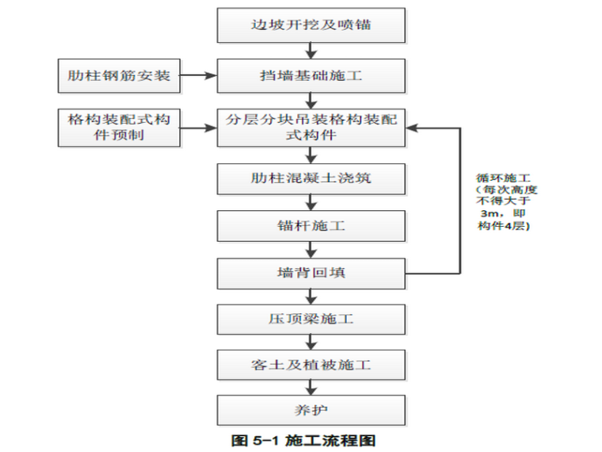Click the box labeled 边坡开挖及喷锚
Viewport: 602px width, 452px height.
[311, 26]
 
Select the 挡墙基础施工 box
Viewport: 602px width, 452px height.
[311, 76]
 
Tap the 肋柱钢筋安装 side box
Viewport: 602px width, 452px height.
[119, 76]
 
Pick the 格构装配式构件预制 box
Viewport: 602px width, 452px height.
[119, 127]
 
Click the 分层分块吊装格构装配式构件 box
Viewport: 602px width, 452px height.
[311, 127]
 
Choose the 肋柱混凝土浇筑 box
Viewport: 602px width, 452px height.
[311, 178]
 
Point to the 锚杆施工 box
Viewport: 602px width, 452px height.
[311, 226]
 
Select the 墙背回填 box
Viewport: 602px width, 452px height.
[311, 274]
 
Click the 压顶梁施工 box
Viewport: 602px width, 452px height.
[311, 320]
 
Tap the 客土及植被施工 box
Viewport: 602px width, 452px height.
[311, 366]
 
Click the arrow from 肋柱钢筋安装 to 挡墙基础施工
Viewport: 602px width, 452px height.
[198, 76]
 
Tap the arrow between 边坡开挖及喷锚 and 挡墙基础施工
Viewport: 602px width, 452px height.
[311, 52]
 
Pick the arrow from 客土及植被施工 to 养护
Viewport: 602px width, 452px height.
[311, 389]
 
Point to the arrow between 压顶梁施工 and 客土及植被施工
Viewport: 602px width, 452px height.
[311, 343]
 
